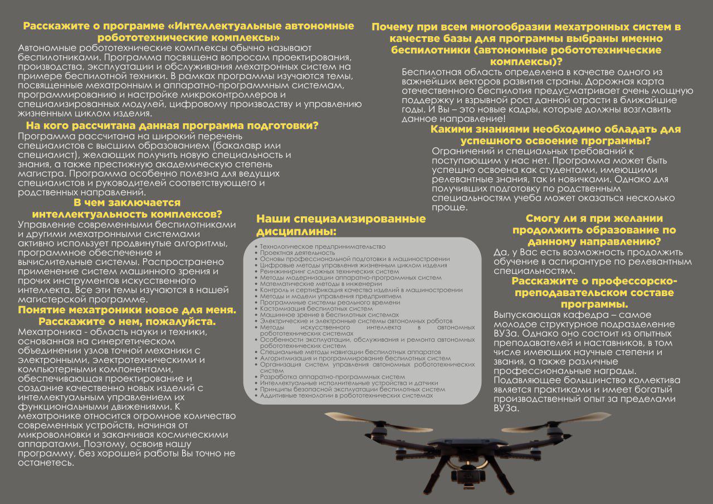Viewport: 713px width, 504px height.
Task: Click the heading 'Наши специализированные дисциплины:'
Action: [x=340, y=225]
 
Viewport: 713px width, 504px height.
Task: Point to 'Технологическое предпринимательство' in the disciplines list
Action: [x=323, y=246]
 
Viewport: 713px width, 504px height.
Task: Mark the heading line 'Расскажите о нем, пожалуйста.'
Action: [x=127, y=322]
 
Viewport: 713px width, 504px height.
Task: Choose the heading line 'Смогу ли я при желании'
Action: [x=594, y=218]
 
